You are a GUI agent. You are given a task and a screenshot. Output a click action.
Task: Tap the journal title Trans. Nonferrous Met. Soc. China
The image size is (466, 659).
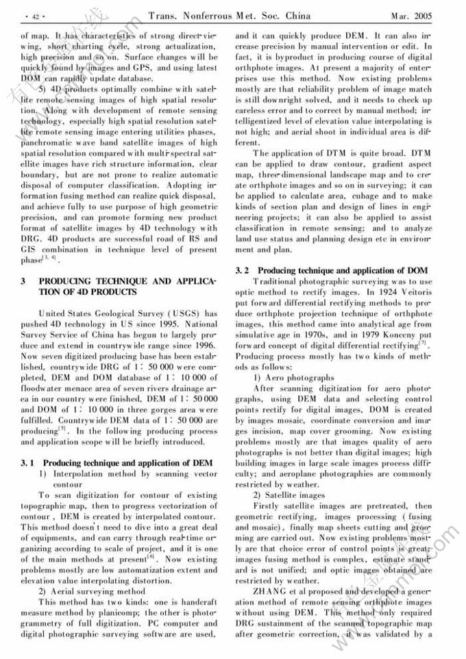(x=230, y=16)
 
